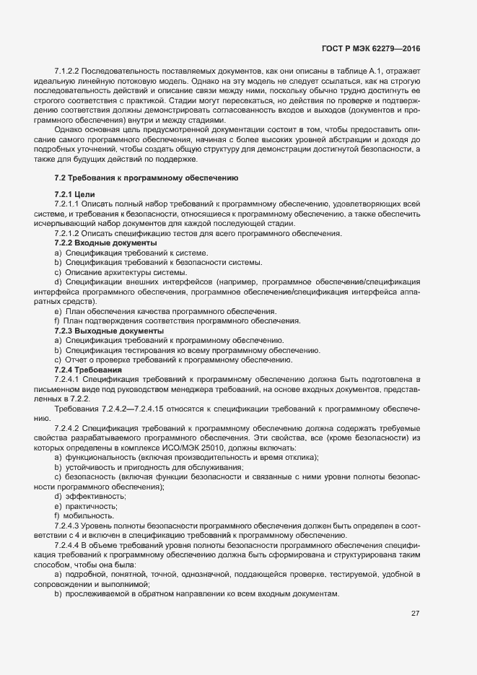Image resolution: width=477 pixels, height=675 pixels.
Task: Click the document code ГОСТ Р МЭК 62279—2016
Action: click(370, 48)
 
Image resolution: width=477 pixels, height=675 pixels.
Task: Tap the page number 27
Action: click(415, 614)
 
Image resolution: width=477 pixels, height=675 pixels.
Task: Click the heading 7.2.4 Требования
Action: click(93, 370)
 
